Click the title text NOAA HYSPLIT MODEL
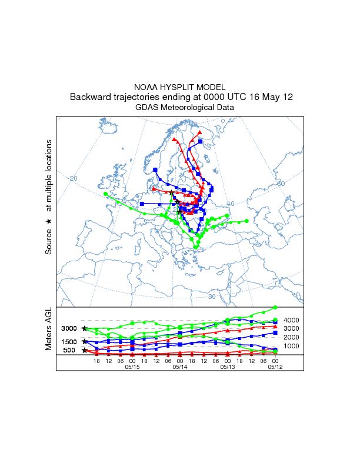click(180, 87)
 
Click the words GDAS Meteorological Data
click(185, 108)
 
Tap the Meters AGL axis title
click(49, 330)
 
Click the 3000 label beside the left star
click(69, 328)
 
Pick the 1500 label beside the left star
click(69, 342)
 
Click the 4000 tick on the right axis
click(292, 320)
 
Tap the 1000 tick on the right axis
click(292, 346)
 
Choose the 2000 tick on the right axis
click(292, 337)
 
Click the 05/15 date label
click(132, 367)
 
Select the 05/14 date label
click(180, 367)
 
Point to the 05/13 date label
click(228, 367)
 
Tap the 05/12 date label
click(275, 367)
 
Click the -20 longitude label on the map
click(73, 178)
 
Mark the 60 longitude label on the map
click(281, 184)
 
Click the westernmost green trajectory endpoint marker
click(105, 194)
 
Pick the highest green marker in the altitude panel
click(275, 307)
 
